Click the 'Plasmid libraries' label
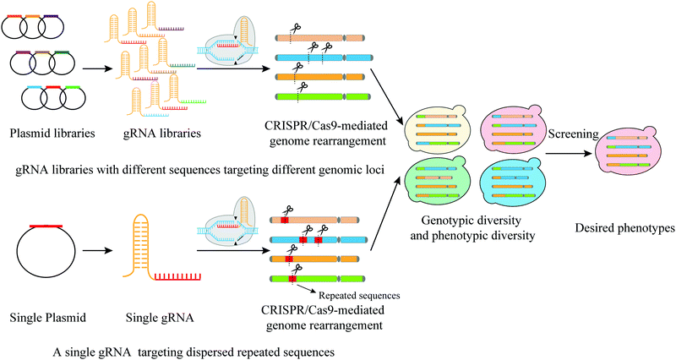[x=49, y=134]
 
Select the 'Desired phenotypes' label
[x=624, y=227]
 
